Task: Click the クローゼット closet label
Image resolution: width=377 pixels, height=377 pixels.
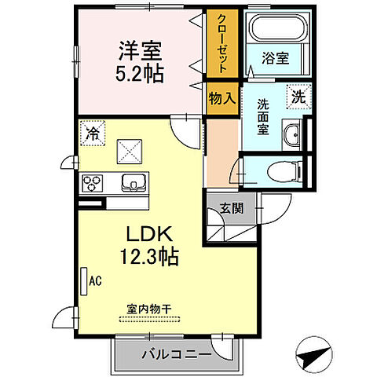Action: [x=222, y=44]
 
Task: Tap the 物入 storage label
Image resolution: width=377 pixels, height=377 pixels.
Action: [x=221, y=98]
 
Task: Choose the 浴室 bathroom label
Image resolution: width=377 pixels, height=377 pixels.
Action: [x=276, y=57]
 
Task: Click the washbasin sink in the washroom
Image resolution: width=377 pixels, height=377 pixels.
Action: [x=293, y=134]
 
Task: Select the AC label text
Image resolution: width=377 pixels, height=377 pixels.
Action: [x=95, y=280]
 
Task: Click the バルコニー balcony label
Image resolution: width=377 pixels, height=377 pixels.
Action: [x=177, y=353]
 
